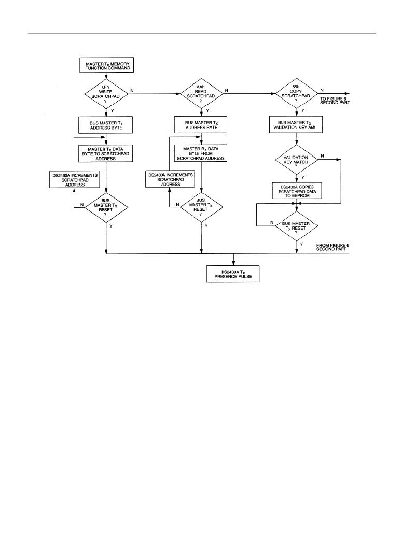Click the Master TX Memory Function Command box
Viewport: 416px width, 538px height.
pos(106,65)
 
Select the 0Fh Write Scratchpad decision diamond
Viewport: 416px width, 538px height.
pos(106,94)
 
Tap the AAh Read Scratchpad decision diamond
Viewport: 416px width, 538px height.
pos(201,94)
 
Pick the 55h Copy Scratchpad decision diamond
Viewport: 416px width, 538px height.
pos(296,93)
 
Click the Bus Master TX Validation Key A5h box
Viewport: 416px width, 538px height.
pos(297,125)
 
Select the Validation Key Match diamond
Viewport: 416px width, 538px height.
pos(297,160)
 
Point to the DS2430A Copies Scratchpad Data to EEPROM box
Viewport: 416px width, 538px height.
pos(297,191)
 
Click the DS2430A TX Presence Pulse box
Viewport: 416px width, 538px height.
pos(232,274)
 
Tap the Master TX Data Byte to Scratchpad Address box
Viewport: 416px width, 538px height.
pos(106,153)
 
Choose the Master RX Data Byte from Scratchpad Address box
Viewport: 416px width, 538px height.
pos(201,153)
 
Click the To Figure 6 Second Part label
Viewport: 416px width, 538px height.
pos(335,100)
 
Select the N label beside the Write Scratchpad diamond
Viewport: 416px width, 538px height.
pos(132,91)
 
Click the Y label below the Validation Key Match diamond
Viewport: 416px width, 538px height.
pos(302,177)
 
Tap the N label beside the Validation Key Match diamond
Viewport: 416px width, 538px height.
pos(322,156)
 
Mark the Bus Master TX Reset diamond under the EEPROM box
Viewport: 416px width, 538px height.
pos(297,226)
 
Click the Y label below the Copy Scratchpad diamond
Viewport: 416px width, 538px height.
pos(302,110)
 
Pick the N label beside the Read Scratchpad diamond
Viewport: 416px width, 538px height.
pos(226,91)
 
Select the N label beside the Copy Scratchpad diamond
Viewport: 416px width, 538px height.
pos(322,90)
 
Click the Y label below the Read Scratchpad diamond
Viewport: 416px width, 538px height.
pos(207,111)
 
